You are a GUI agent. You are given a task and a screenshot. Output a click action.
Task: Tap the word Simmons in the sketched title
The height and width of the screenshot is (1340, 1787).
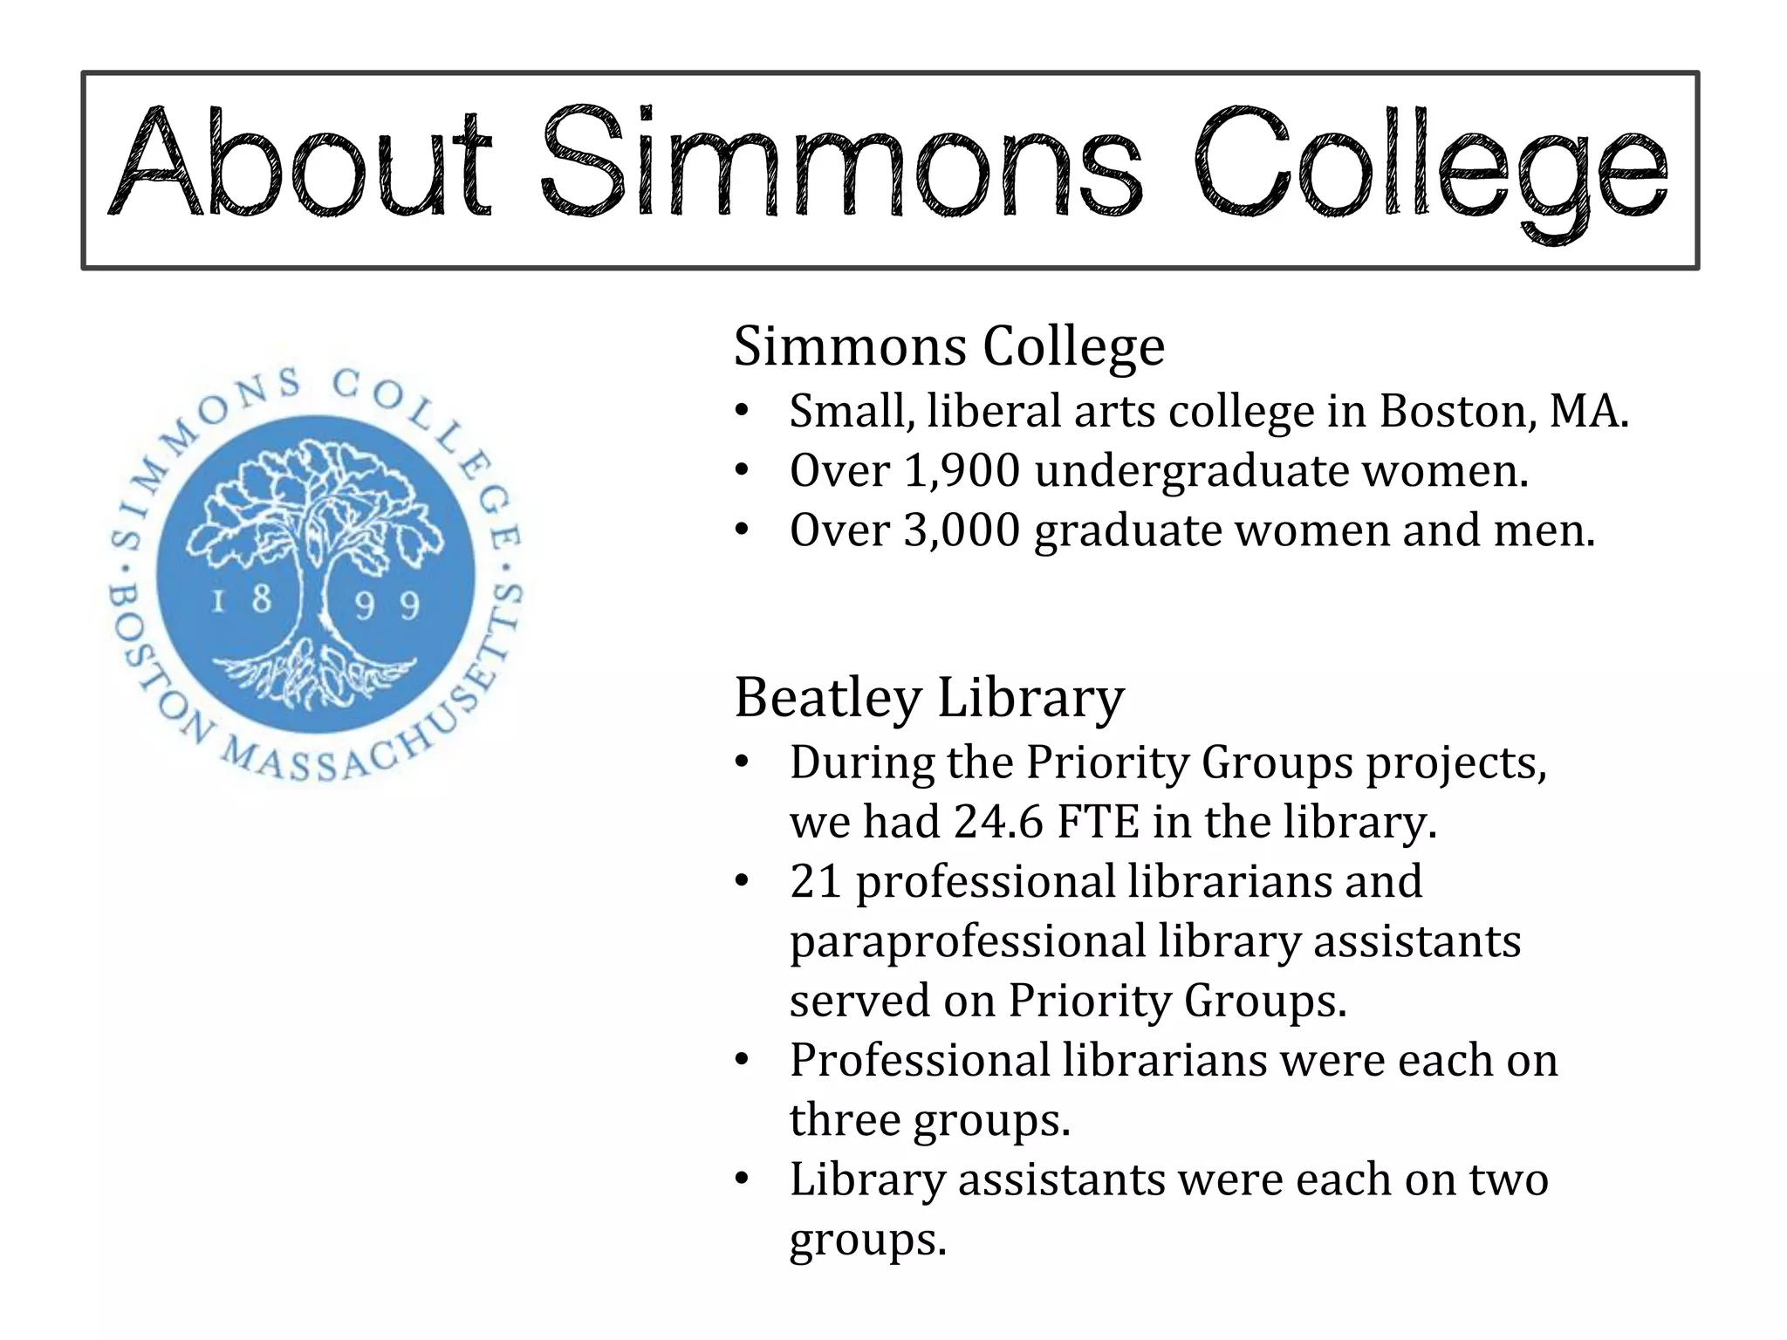tap(840, 164)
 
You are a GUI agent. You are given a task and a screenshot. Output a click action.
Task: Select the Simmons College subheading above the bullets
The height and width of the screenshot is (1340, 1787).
tap(948, 346)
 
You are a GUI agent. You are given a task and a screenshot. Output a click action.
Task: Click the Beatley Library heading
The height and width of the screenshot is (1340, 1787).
tap(929, 698)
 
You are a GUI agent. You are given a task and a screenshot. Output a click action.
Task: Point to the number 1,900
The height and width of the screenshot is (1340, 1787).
tap(962, 471)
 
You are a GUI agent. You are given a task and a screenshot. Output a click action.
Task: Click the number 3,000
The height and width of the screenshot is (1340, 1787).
tap(962, 530)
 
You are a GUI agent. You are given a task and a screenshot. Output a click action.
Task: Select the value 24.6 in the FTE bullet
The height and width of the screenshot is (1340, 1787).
tap(998, 822)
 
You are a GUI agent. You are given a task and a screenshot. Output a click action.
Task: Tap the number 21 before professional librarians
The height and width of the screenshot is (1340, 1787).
tap(816, 881)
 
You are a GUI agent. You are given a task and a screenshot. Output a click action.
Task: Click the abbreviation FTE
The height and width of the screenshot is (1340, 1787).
tap(1098, 822)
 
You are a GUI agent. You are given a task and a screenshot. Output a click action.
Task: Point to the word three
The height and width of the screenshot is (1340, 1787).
tap(844, 1120)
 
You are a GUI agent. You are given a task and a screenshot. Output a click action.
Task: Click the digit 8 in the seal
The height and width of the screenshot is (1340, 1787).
tap(260, 599)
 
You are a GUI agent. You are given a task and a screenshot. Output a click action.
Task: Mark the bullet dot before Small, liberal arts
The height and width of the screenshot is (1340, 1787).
tap(742, 411)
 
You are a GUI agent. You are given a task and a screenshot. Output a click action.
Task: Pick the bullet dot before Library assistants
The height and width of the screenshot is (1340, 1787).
tap(742, 1179)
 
